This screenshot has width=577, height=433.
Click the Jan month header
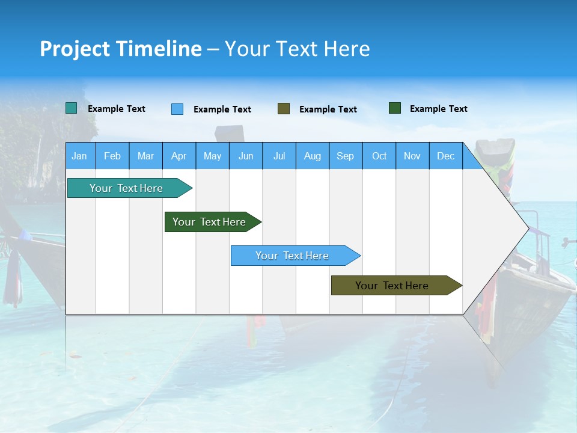(x=79, y=156)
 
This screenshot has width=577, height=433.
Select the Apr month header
(x=179, y=156)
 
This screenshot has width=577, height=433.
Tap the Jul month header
(x=279, y=156)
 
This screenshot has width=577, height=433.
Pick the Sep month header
(x=345, y=156)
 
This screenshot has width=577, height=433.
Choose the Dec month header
(x=445, y=156)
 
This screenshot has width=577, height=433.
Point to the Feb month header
(x=112, y=156)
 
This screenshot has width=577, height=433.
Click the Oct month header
(x=379, y=156)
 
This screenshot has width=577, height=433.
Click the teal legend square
(x=71, y=108)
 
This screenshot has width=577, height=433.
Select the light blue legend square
(x=177, y=109)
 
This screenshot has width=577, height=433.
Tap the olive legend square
(x=284, y=109)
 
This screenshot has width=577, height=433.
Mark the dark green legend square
(x=395, y=108)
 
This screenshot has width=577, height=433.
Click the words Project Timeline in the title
(x=121, y=49)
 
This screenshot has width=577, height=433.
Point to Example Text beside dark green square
(x=438, y=109)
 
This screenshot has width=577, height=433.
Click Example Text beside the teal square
(x=116, y=109)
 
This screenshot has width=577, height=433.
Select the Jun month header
(x=246, y=156)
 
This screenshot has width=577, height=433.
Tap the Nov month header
(x=412, y=156)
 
